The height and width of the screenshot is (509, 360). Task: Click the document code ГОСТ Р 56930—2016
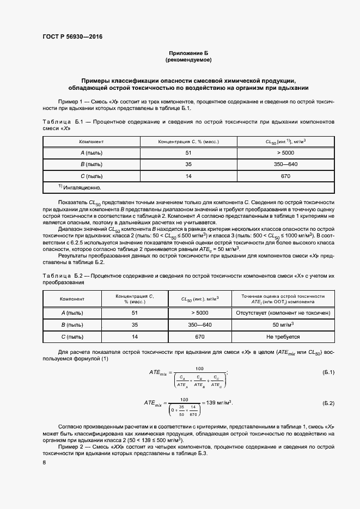tap(72, 37)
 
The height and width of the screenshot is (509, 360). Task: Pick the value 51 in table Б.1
tap(188, 153)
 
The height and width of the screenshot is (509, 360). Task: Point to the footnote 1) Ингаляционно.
tap(80, 187)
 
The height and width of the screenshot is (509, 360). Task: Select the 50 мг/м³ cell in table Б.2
tap(283, 325)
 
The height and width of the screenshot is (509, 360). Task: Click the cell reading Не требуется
tap(283, 337)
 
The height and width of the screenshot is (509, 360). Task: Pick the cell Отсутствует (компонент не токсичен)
tap(283, 313)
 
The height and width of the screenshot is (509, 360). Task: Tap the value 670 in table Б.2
tap(200, 337)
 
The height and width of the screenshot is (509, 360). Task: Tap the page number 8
tap(44, 462)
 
